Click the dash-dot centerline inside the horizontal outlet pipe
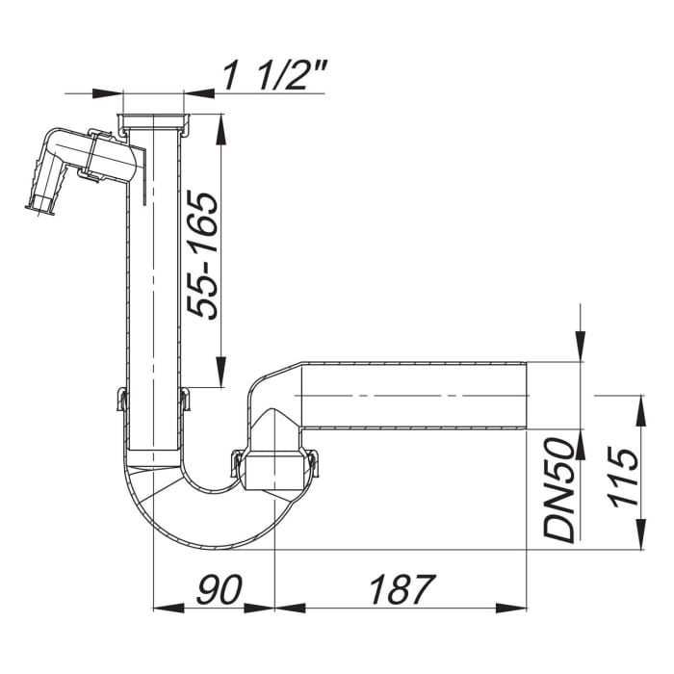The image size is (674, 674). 414,396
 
